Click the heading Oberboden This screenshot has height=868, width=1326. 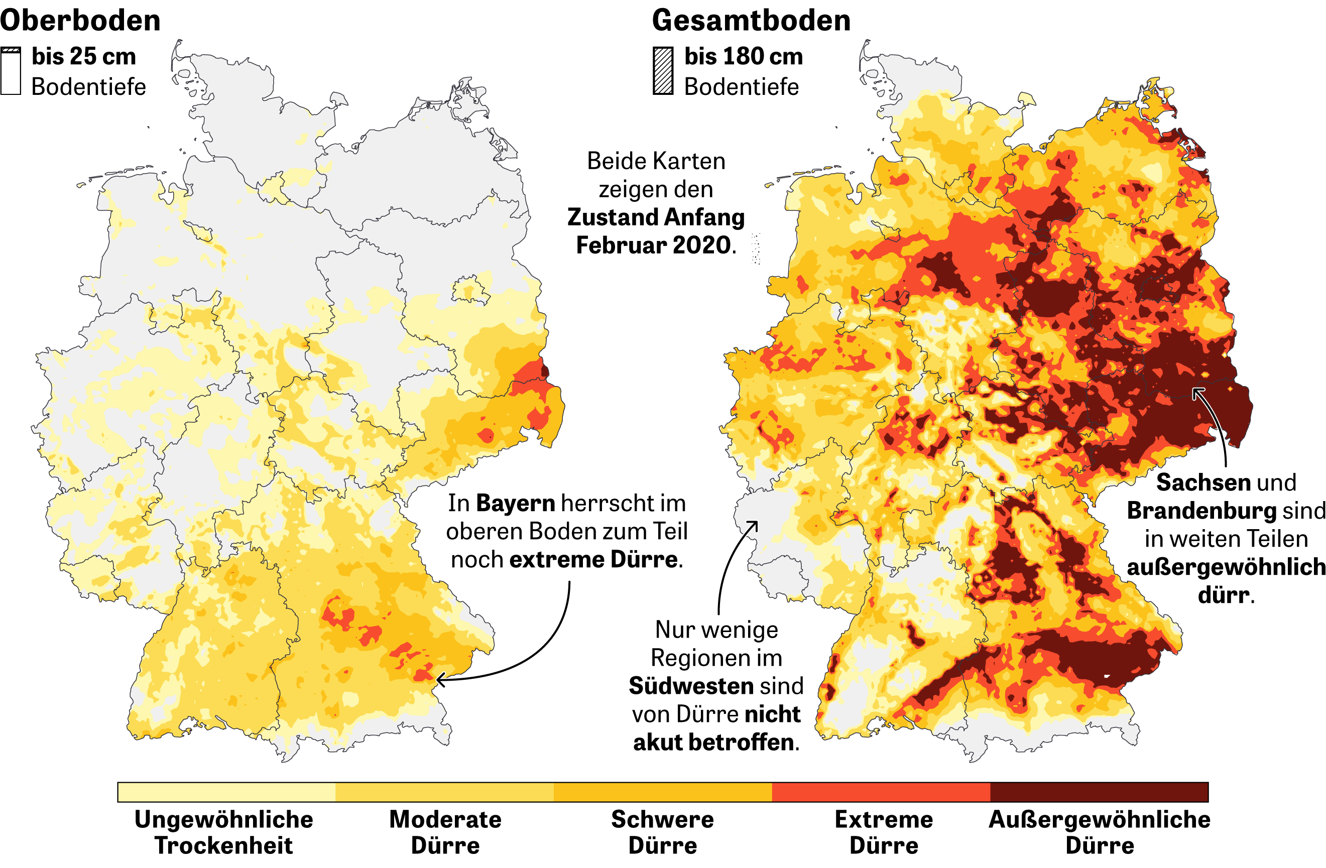coord(80,21)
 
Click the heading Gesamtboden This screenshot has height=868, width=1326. coord(751,21)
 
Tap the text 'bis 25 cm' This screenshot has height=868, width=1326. coord(83,56)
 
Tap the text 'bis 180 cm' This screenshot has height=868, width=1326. coord(743,56)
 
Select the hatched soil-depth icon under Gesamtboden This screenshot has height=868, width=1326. coord(663,71)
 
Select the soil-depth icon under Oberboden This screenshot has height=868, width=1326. coord(11,71)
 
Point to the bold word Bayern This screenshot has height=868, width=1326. coord(515,503)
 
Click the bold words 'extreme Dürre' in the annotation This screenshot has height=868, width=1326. coord(594,559)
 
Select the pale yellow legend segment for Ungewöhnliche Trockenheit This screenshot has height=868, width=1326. coord(226,792)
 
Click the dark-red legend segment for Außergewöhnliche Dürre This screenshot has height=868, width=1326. coord(1099,792)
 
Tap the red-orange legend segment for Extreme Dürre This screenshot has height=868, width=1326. coord(881,792)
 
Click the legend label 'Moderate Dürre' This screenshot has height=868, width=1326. coord(445,832)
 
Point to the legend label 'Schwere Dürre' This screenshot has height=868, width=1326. coord(662,832)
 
